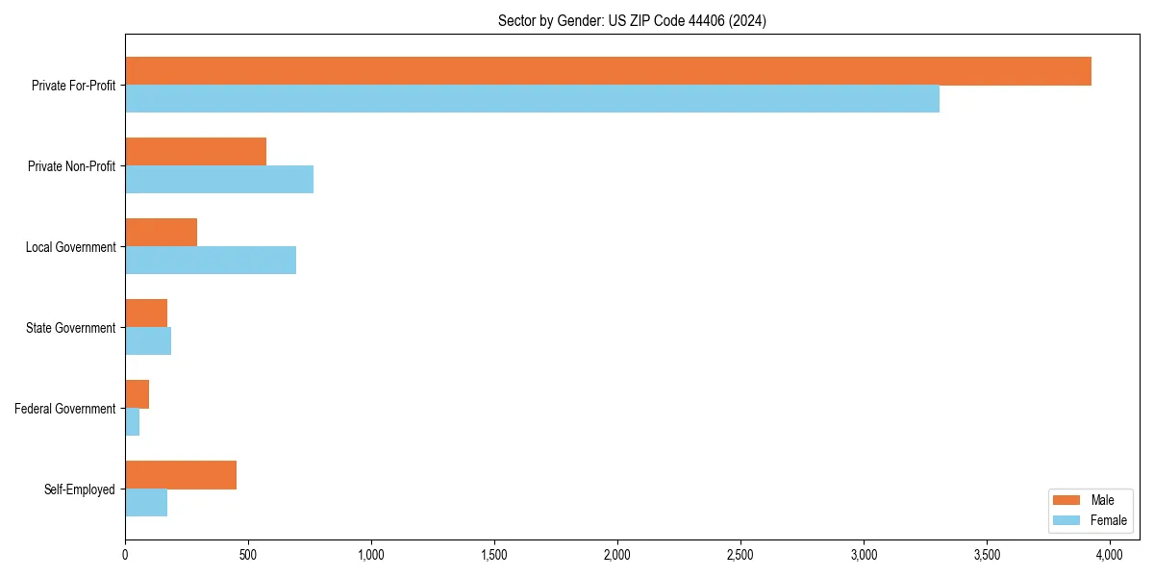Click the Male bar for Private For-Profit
click(x=608, y=71)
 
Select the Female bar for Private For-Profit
click(x=532, y=99)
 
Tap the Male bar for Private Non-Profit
click(x=195, y=152)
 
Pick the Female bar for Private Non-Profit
click(x=219, y=180)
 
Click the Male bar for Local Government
click(x=161, y=233)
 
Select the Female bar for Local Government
click(x=211, y=261)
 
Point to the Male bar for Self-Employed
click(x=181, y=475)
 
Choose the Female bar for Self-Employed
click(x=146, y=503)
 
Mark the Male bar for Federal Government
click(x=137, y=394)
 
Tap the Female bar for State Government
click(x=148, y=341)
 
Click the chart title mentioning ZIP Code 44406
click(x=632, y=20)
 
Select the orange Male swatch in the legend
click(x=1067, y=500)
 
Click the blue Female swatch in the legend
click(x=1067, y=520)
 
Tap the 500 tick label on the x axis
click(x=248, y=555)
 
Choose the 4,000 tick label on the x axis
click(x=1110, y=555)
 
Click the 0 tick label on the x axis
click(x=125, y=555)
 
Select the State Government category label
click(x=70, y=328)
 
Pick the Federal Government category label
click(x=65, y=409)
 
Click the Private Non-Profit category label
click(x=71, y=166)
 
